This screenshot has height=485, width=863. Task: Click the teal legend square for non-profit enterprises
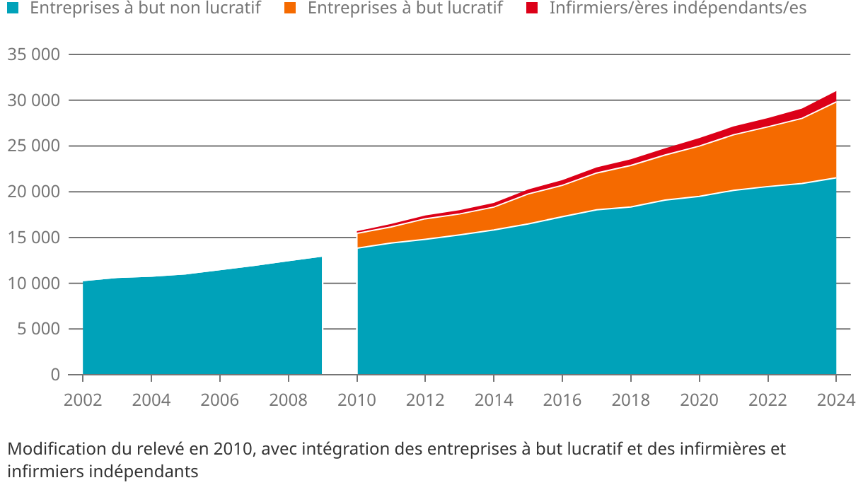tap(12, 8)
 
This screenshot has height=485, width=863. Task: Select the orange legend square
tap(289, 8)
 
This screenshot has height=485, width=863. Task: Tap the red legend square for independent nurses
tap(533, 8)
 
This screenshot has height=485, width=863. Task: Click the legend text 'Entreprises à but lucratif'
tap(405, 8)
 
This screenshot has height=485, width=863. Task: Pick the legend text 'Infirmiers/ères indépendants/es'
tap(678, 8)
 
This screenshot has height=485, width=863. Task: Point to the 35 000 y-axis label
tap(33, 55)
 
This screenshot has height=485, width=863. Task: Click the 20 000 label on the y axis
tap(33, 192)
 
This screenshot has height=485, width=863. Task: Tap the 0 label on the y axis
tap(54, 375)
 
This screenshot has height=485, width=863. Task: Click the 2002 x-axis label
tap(83, 400)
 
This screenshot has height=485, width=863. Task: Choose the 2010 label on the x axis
tap(357, 400)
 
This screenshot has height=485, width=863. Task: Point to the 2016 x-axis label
tap(562, 400)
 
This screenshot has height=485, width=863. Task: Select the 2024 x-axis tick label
tap(836, 400)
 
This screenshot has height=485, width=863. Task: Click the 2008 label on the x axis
tap(289, 400)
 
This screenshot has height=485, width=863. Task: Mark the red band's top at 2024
tap(836, 91)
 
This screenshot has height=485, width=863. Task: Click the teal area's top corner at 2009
tap(322, 257)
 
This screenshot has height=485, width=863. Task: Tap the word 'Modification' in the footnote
tap(52, 449)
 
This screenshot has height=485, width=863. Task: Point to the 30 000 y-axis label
tap(33, 101)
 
